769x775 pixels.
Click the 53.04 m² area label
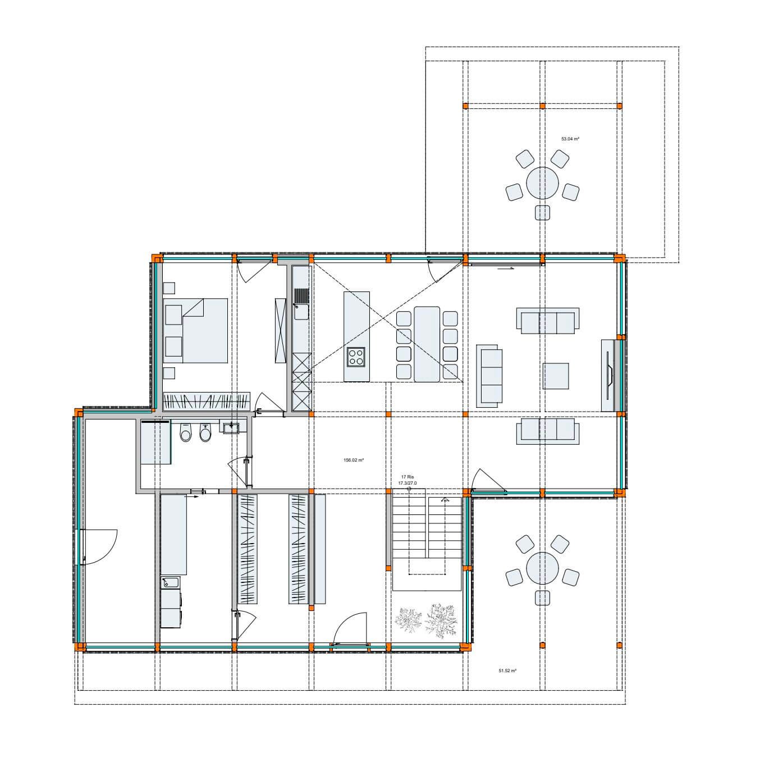(570, 139)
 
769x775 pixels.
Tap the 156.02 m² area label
(353, 460)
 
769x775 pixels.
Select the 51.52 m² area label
(507, 671)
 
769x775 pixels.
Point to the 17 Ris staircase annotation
(407, 477)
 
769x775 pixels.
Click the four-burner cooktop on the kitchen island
(356, 357)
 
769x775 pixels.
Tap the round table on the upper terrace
(542, 183)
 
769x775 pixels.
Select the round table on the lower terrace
(542, 568)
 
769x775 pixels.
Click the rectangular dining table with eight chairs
(427, 344)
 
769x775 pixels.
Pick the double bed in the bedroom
(195, 331)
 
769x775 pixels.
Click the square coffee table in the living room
(556, 376)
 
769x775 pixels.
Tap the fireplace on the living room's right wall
(608, 375)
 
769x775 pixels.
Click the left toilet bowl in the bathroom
(185, 433)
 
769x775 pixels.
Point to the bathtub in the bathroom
(155, 441)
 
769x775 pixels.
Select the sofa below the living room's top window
(547, 321)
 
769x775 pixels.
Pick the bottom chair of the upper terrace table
(542, 212)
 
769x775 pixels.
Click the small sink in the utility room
(171, 582)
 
